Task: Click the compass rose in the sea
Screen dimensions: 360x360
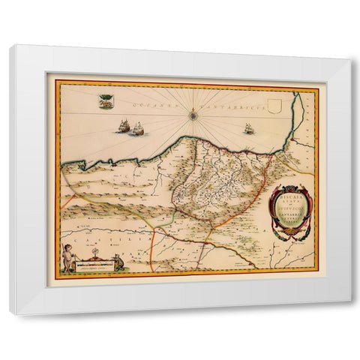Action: [x=194, y=115]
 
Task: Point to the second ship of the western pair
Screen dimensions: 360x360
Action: [x=137, y=130]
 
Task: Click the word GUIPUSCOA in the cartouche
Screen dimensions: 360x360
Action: [x=287, y=211]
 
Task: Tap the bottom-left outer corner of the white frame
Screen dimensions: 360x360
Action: [x=9, y=313]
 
